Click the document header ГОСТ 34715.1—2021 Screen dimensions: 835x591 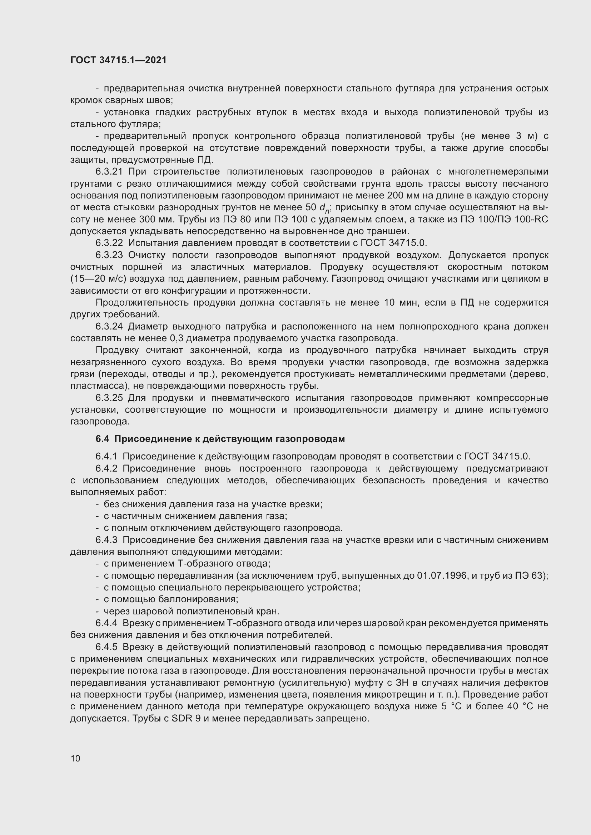(118, 60)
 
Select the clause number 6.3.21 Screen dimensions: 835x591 (109, 172)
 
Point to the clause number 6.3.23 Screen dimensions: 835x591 (109, 255)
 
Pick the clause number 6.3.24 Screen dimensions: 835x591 (109, 327)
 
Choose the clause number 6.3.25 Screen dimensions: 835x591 (109, 398)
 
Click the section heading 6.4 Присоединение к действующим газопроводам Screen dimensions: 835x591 (220, 439)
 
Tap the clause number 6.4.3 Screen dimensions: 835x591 (106, 540)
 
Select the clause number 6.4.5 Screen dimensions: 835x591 (106, 647)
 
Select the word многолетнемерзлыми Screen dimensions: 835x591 (498, 172)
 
